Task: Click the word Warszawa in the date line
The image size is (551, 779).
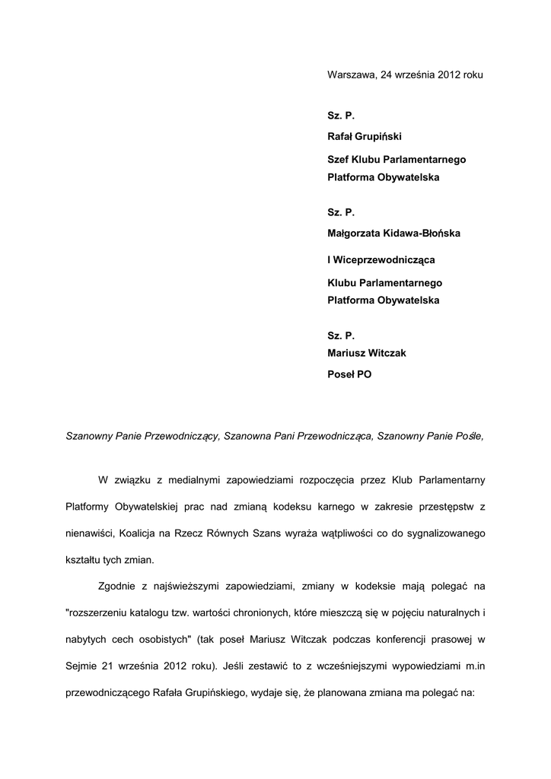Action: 351,75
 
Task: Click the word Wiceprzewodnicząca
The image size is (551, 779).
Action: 383,260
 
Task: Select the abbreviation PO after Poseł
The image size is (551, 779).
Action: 364,375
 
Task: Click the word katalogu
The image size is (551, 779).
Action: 165,613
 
